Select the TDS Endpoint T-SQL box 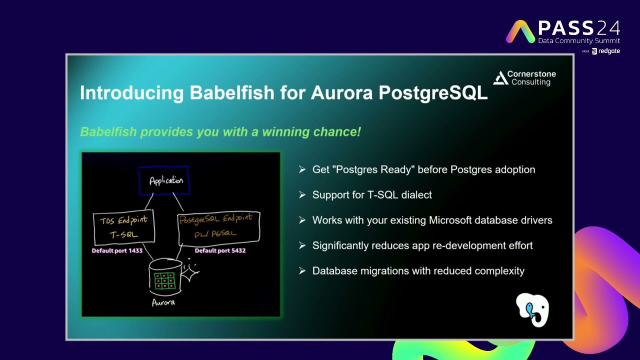(124, 227)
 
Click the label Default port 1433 (117, 250)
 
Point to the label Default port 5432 (220, 250)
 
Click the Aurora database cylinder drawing (165, 277)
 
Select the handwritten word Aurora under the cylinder (163, 302)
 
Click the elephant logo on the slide (532, 310)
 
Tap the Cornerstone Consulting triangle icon (500, 78)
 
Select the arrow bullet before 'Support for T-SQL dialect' (302, 194)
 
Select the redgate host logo (606, 51)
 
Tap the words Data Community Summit (578, 40)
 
